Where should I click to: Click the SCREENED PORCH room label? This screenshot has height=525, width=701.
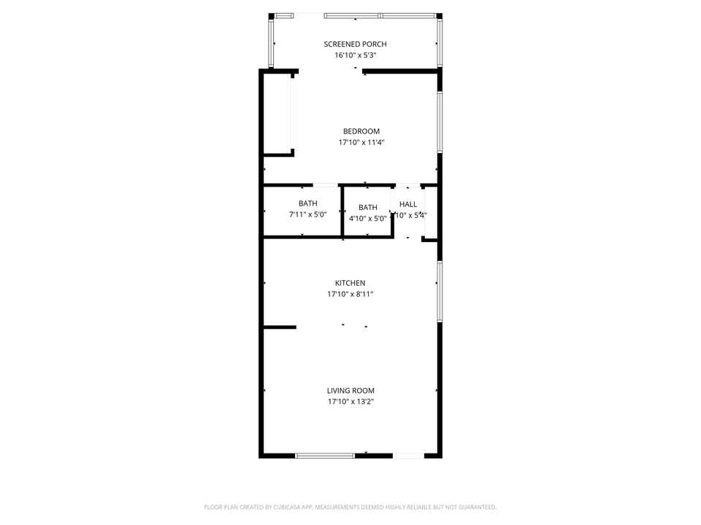[355, 44]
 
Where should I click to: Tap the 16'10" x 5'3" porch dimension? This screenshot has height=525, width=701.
[355, 55]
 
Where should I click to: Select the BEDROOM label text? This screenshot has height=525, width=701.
[361, 131]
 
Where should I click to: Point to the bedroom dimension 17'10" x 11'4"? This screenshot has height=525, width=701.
[361, 143]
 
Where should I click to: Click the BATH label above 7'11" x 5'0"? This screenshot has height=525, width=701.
[307, 203]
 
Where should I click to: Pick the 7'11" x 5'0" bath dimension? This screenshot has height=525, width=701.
[307, 215]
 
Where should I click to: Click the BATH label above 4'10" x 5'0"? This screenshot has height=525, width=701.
[368, 208]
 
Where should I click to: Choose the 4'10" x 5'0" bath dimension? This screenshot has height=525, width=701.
[367, 219]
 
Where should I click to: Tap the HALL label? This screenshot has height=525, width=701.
[408, 204]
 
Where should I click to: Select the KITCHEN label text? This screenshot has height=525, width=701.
[350, 283]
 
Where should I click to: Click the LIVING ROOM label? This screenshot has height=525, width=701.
[350, 391]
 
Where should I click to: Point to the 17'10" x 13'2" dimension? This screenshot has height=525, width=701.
[350, 402]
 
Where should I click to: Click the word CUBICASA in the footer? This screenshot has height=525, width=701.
[272, 507]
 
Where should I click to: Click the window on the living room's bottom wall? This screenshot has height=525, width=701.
[325, 456]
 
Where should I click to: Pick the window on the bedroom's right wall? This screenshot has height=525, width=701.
[440, 122]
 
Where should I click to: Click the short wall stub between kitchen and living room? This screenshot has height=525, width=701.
[280, 327]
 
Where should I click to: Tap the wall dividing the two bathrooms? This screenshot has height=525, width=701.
[342, 211]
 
